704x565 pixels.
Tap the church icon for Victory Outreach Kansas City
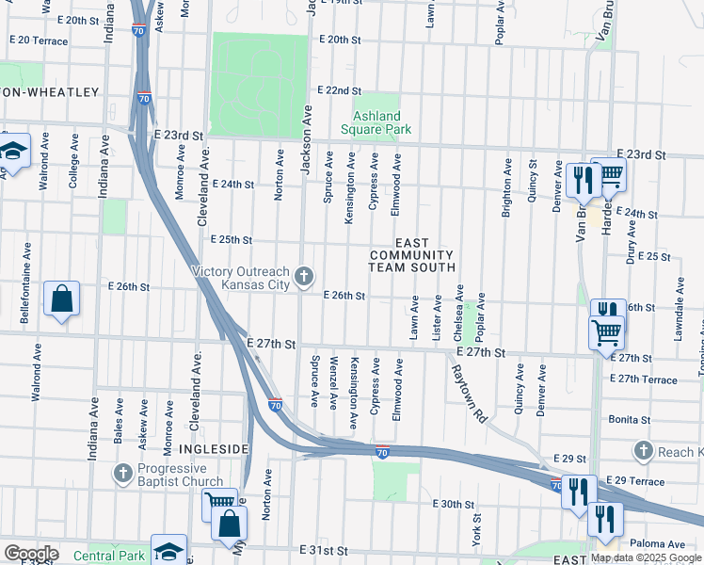pyautogui.click(x=303, y=276)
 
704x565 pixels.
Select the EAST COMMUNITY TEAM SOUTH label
pyautogui.click(x=411, y=255)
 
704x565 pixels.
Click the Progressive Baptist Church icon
pyautogui.click(x=122, y=472)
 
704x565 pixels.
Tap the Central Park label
pyautogui.click(x=109, y=556)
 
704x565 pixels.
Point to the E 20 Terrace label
pyautogui.click(x=39, y=40)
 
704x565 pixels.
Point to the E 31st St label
pyautogui.click(x=323, y=550)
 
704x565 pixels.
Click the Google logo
pyautogui.click(x=30, y=554)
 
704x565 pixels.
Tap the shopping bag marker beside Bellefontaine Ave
pyautogui.click(x=61, y=300)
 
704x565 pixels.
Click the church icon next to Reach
pyautogui.click(x=643, y=451)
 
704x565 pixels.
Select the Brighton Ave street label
pyautogui.click(x=507, y=187)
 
